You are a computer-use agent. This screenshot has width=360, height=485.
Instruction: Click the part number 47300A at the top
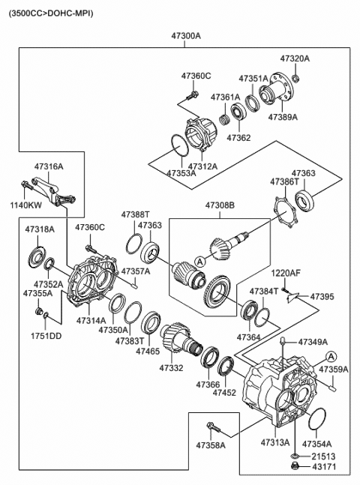pos(186,36)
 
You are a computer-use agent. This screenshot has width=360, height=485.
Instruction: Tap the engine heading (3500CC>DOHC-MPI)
pos(51,13)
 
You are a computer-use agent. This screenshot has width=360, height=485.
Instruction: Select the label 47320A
pos(295,58)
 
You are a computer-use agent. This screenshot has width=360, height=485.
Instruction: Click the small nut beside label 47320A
pos(295,78)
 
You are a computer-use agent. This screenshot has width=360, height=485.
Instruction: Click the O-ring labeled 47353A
pos(179,145)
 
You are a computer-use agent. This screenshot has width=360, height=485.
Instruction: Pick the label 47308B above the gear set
pos(220,205)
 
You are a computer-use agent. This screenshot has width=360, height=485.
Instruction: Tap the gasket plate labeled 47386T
pos(286,212)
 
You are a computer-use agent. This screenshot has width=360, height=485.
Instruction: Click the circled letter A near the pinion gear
pos(200,262)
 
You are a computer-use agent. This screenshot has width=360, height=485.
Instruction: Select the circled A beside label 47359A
pos(331,357)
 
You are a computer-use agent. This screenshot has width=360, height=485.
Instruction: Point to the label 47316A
pos(49,166)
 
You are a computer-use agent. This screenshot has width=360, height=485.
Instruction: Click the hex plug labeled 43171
pos(295,466)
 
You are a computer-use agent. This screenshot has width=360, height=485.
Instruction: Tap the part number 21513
pos(323,457)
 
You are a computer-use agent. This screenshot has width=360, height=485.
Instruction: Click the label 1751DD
pos(46,336)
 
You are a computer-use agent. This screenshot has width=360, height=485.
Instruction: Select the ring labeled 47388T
pos(134,244)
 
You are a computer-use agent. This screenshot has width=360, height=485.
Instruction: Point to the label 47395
pos(322,297)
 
